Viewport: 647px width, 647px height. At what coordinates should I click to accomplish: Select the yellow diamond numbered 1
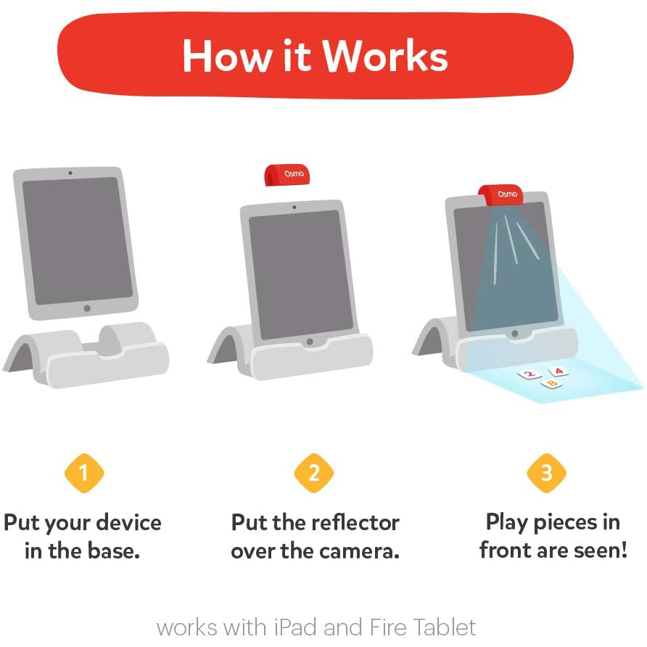click(84, 473)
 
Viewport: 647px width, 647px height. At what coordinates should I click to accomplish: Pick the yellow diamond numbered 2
click(314, 473)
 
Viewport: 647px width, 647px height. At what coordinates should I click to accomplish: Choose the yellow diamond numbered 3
click(546, 473)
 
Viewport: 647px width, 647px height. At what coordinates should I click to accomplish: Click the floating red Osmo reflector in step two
click(287, 175)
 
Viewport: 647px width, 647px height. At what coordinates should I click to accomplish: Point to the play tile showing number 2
click(529, 375)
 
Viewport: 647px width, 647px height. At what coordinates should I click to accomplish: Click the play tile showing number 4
click(558, 371)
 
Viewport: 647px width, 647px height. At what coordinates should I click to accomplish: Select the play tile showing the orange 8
click(551, 384)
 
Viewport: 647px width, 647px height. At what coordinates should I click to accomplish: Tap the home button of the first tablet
click(87, 308)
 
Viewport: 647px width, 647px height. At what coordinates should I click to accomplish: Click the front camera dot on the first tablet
click(70, 173)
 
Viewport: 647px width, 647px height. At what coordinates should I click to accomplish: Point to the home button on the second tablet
click(310, 341)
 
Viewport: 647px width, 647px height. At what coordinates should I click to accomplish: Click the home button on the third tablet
click(514, 334)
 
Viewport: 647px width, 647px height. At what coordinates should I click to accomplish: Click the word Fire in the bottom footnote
click(387, 627)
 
